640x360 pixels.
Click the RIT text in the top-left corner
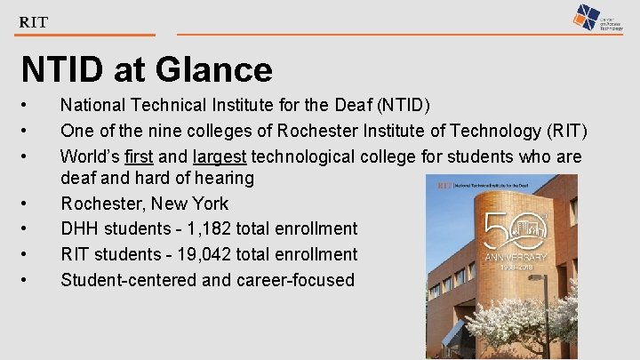pyautogui.click(x=33, y=21)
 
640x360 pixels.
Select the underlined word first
pyautogui.click(x=139, y=157)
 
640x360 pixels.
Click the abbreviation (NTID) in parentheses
pyautogui.click(x=404, y=106)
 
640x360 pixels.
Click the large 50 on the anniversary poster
pyautogui.click(x=516, y=227)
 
